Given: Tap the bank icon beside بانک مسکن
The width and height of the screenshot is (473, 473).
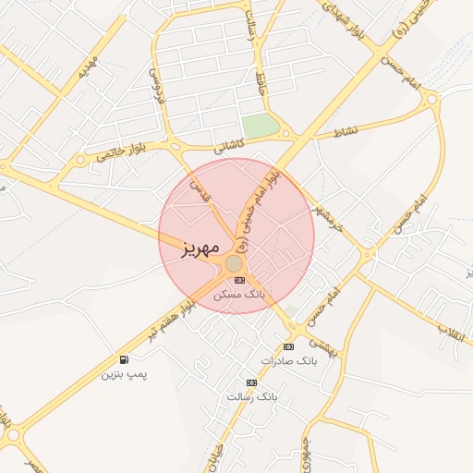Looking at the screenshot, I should [240, 280].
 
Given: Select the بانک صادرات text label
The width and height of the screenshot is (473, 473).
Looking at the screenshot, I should [288, 360].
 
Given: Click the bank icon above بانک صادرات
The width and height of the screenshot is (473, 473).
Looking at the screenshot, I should [288, 346].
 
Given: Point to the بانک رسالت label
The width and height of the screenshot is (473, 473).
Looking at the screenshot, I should [251, 396].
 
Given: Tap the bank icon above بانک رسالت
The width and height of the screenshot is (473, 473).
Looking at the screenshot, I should [251, 382].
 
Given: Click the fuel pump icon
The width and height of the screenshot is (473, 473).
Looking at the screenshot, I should [124, 359].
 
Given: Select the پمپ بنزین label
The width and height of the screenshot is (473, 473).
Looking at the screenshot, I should [124, 374].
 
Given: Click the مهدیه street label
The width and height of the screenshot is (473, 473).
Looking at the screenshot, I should [88, 66].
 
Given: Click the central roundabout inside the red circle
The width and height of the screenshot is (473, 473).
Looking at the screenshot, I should [234, 264].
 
